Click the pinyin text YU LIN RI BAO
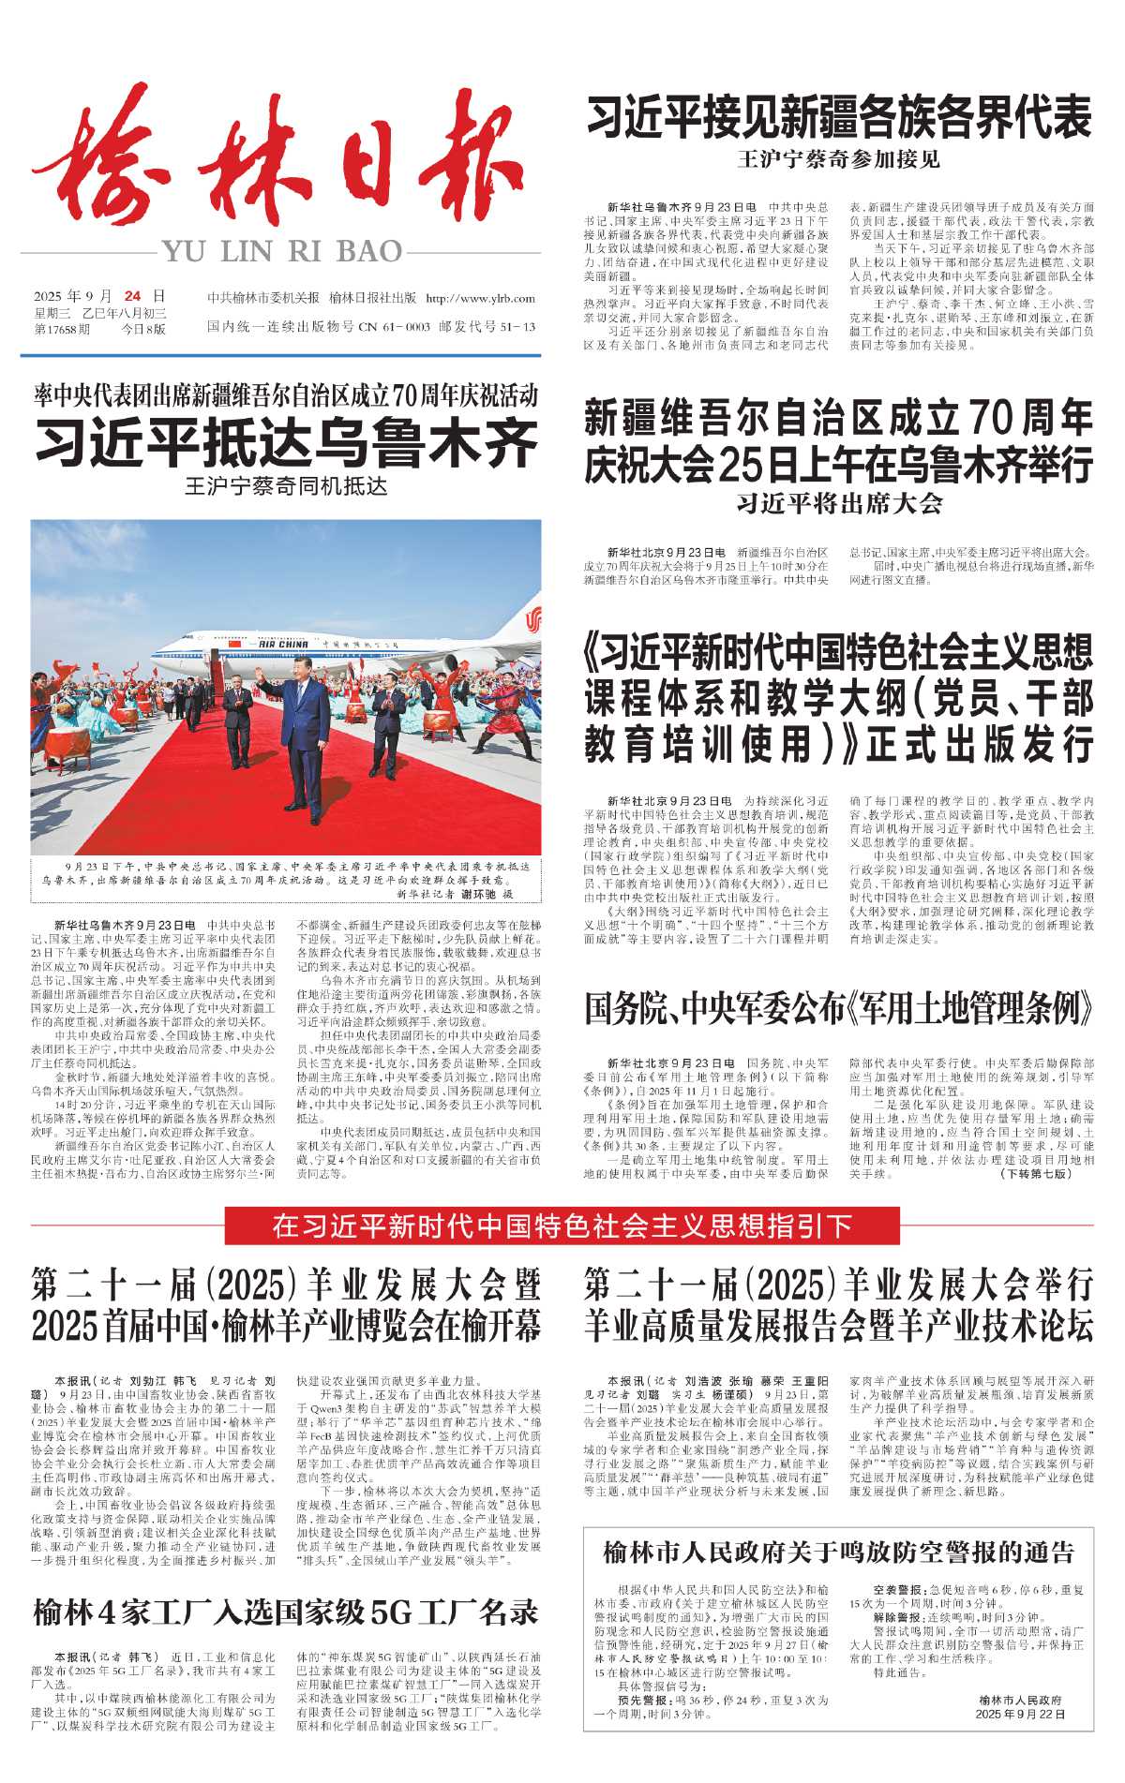pos(282,252)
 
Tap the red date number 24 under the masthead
pos(132,297)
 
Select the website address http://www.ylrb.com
pos(480,299)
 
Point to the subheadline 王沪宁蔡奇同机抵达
pos(286,487)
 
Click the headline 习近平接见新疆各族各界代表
pos(839,119)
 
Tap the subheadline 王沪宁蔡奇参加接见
pos(839,159)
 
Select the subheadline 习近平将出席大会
pos(839,504)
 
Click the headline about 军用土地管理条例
pos(839,1009)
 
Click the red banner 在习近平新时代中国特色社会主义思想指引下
pos(562,1226)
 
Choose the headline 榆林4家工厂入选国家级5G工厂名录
pos(286,1612)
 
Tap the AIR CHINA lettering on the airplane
pos(283,645)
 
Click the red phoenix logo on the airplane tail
pos(533,621)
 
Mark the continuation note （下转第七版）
pos(1036,1174)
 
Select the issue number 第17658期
pos(63,329)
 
